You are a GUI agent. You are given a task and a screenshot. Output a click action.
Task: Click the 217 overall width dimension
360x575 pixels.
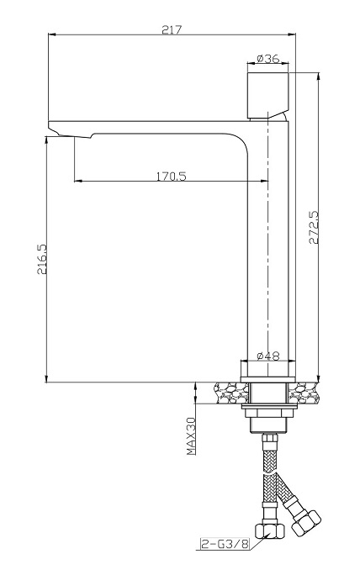point(172,29)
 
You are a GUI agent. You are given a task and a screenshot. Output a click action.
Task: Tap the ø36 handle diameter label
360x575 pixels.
point(267,58)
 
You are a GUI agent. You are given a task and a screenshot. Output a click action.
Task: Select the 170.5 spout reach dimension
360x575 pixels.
point(172,176)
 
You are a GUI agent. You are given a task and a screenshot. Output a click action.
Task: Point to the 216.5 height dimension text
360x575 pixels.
point(42,259)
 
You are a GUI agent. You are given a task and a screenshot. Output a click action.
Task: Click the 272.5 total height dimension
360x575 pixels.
point(314,227)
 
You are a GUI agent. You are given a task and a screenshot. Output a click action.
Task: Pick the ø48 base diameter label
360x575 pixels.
point(267,356)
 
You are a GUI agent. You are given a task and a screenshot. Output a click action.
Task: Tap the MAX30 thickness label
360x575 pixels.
point(191,436)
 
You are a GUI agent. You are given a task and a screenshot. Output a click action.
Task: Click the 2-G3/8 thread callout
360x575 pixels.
point(225,544)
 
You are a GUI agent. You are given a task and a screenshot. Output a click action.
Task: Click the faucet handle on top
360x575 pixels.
point(268,95)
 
